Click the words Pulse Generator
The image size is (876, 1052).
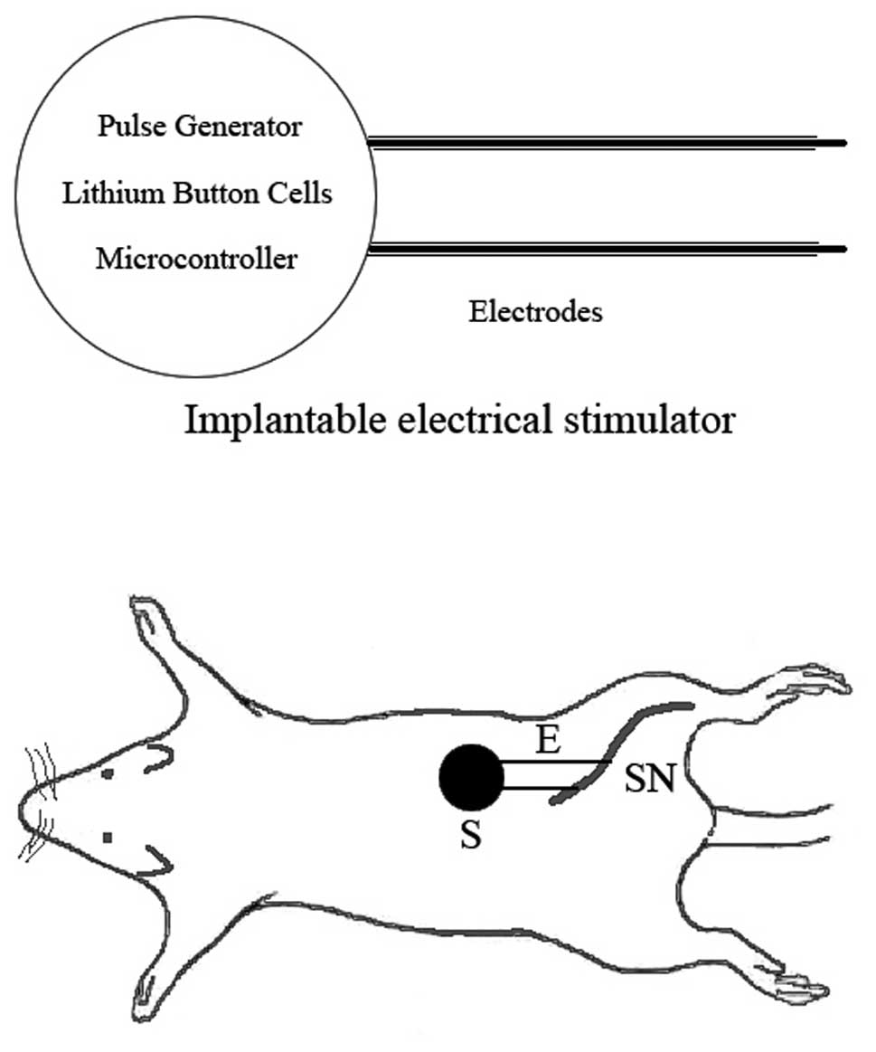coord(199,127)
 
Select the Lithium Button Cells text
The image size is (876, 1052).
coord(197,194)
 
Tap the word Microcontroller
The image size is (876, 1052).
coord(196,260)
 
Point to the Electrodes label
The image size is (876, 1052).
coord(535,313)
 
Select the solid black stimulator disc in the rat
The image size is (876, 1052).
coord(471,778)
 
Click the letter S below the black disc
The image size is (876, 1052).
coord(470,837)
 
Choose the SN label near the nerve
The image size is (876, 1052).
coord(649,780)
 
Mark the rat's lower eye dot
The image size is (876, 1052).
coord(108,839)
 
